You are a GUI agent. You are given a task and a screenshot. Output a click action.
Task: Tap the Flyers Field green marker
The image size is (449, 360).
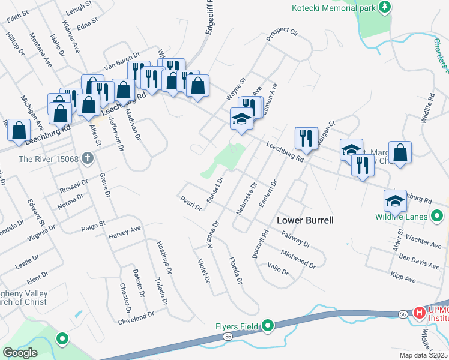pos(268,327)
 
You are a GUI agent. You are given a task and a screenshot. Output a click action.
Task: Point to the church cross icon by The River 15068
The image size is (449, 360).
pos(87,159)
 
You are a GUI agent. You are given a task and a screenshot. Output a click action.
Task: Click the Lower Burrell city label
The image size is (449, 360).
pos(305,220)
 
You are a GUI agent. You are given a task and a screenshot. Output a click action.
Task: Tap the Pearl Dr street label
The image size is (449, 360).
pos(190,203)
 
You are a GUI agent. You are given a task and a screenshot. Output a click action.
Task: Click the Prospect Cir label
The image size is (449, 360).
pos(282,35)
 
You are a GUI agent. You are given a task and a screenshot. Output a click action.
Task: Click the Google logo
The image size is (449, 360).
pos(19,352)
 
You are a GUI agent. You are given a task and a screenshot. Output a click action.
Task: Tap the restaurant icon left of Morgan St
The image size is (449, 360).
pos(306,139)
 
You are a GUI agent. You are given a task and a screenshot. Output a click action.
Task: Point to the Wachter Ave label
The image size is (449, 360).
pos(424,241)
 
